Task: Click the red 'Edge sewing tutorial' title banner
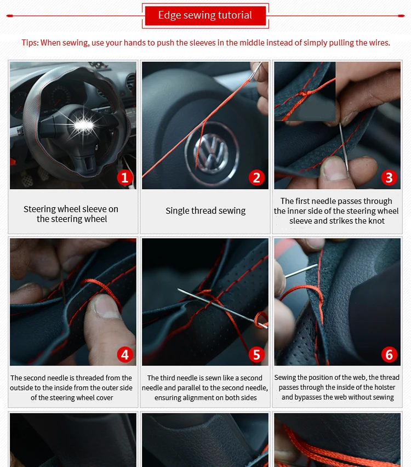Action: (205, 15)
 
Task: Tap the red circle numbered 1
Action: (125, 178)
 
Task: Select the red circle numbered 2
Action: (256, 178)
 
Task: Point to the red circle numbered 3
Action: (389, 178)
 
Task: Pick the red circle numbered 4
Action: (125, 355)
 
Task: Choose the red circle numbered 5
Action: (256, 355)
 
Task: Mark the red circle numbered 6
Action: (389, 355)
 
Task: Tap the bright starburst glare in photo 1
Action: (83, 124)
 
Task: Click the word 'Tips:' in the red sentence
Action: (30, 43)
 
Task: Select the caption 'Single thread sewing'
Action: (206, 210)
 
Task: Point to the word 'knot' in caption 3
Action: (376, 221)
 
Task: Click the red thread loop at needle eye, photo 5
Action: (261, 320)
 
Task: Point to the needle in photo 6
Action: (301, 271)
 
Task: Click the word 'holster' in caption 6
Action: (385, 387)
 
